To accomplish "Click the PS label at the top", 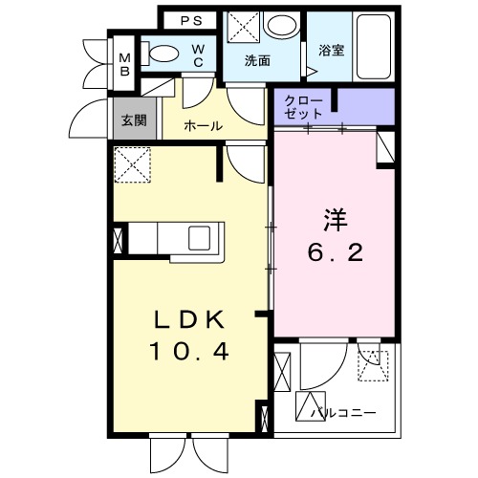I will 191,19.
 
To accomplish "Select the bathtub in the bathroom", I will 372,47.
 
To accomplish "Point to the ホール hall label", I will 203,125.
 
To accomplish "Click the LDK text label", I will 188,319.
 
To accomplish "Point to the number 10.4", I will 188,352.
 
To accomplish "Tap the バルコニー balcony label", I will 343,413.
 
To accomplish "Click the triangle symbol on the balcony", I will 313,403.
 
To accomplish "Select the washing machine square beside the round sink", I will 242,26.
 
